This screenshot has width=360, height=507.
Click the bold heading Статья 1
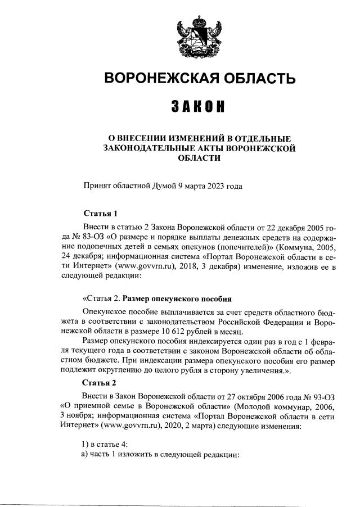point(101,214)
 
